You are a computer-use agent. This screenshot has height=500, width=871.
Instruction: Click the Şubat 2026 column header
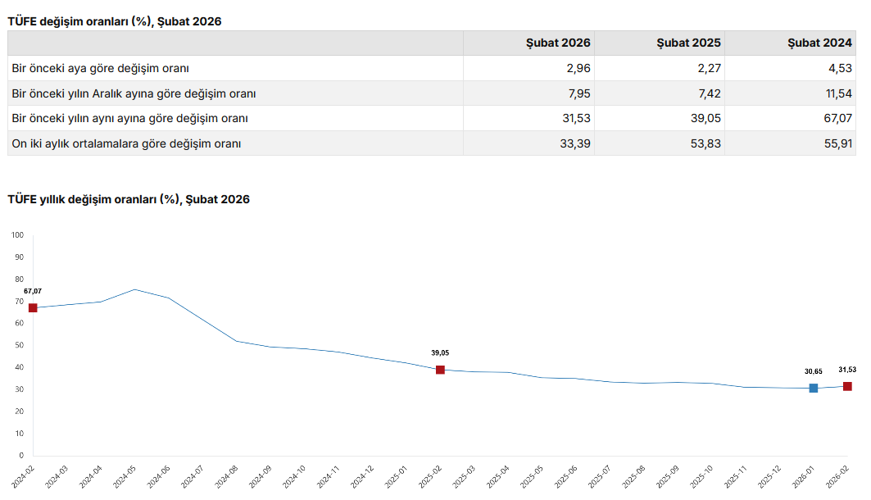pos(558,43)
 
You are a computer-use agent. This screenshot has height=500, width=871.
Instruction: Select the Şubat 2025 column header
pos(689,43)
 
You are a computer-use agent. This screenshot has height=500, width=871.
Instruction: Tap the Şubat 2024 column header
pos(820,43)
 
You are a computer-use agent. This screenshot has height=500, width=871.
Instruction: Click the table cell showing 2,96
pos(578,68)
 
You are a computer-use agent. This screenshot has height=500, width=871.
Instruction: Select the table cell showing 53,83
pos(704,143)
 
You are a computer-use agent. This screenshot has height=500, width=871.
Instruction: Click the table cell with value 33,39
pos(574,143)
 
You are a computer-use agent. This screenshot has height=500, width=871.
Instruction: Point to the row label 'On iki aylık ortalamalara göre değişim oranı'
pos(126,143)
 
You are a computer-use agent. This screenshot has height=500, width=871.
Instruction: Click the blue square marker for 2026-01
pos(814,388)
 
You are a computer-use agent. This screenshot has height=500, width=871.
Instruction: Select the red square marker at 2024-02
pos(33,308)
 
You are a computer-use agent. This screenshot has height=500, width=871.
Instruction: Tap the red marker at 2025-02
pos(440,370)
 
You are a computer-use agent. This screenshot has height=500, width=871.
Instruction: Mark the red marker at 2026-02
pos(847,386)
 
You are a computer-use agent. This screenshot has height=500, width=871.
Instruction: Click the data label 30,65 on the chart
pos(813,370)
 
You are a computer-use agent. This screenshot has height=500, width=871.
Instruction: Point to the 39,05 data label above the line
pos(440,352)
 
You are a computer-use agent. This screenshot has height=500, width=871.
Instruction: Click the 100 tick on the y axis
pos(18,235)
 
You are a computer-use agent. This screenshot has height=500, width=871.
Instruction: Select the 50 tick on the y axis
pos(18,345)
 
